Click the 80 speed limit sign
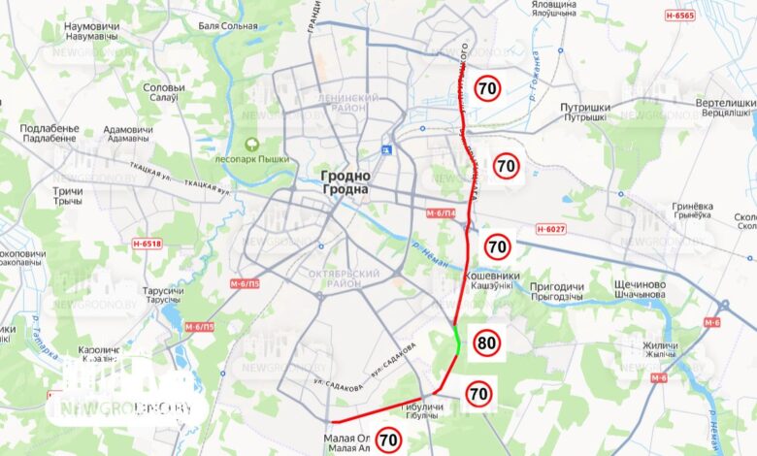[487, 342]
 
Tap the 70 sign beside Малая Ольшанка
[389, 440]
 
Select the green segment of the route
[458, 342]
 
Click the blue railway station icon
[387, 149]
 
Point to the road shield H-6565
[680, 16]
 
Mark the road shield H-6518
[147, 244]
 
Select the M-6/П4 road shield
[442, 212]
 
